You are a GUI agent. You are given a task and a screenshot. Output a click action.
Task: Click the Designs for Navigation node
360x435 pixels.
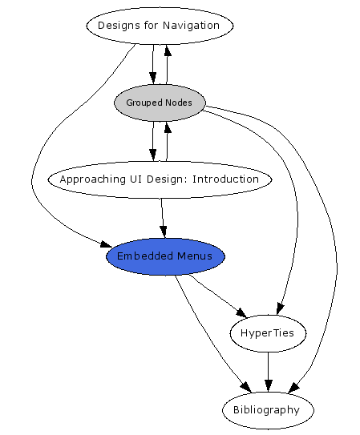[x=159, y=26]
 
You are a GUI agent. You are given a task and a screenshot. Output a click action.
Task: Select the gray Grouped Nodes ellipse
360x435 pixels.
[x=159, y=103]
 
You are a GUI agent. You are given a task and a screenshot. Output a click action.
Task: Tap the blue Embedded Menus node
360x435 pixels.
[x=165, y=256]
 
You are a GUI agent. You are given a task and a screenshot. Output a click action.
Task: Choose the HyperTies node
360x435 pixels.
[x=268, y=333]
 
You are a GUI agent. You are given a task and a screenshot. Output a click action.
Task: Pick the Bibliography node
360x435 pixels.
[x=268, y=409]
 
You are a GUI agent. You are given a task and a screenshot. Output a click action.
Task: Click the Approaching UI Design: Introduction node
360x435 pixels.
[x=159, y=179]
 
